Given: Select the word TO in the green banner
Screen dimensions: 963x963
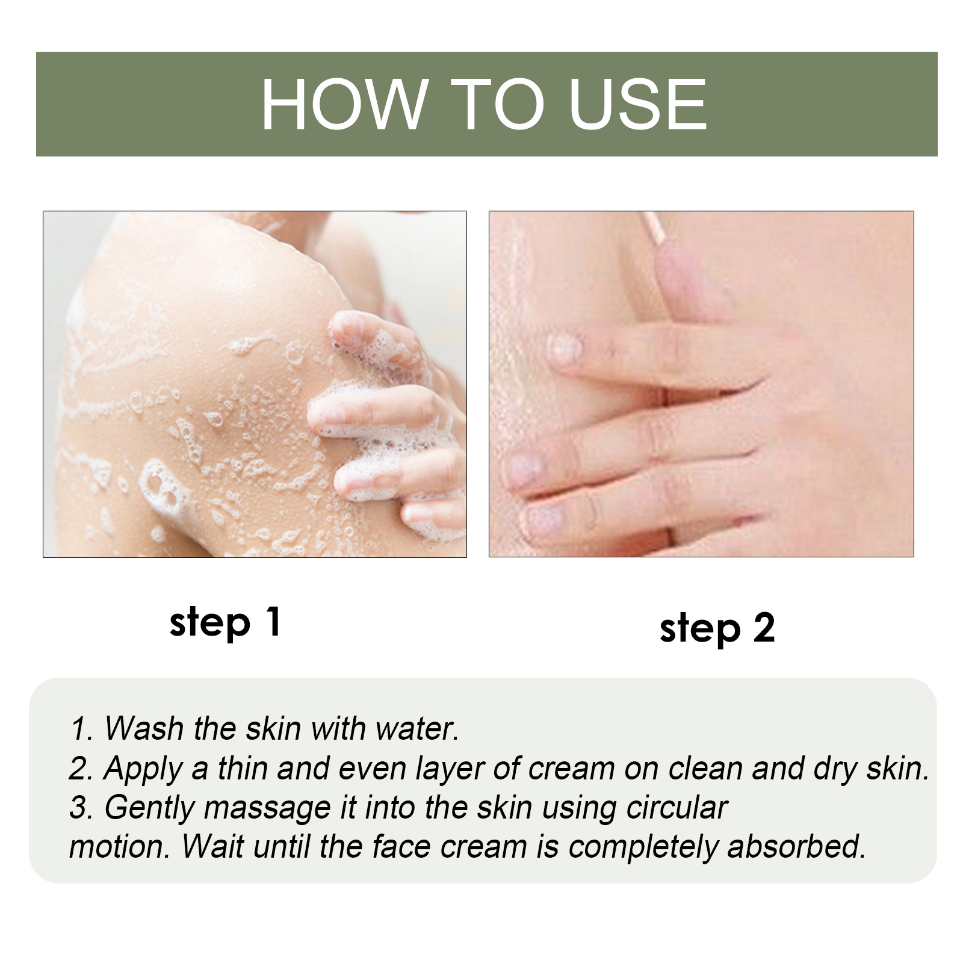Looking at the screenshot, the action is point(497,104).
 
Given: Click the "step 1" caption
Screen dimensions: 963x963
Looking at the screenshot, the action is point(225,622).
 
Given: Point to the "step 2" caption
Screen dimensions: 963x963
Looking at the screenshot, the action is point(717,629).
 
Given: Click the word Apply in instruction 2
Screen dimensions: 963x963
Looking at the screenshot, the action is point(143,769).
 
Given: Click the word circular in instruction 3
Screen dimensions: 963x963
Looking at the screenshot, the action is point(677,807).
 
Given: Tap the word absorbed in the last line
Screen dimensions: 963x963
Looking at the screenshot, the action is point(796,846).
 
